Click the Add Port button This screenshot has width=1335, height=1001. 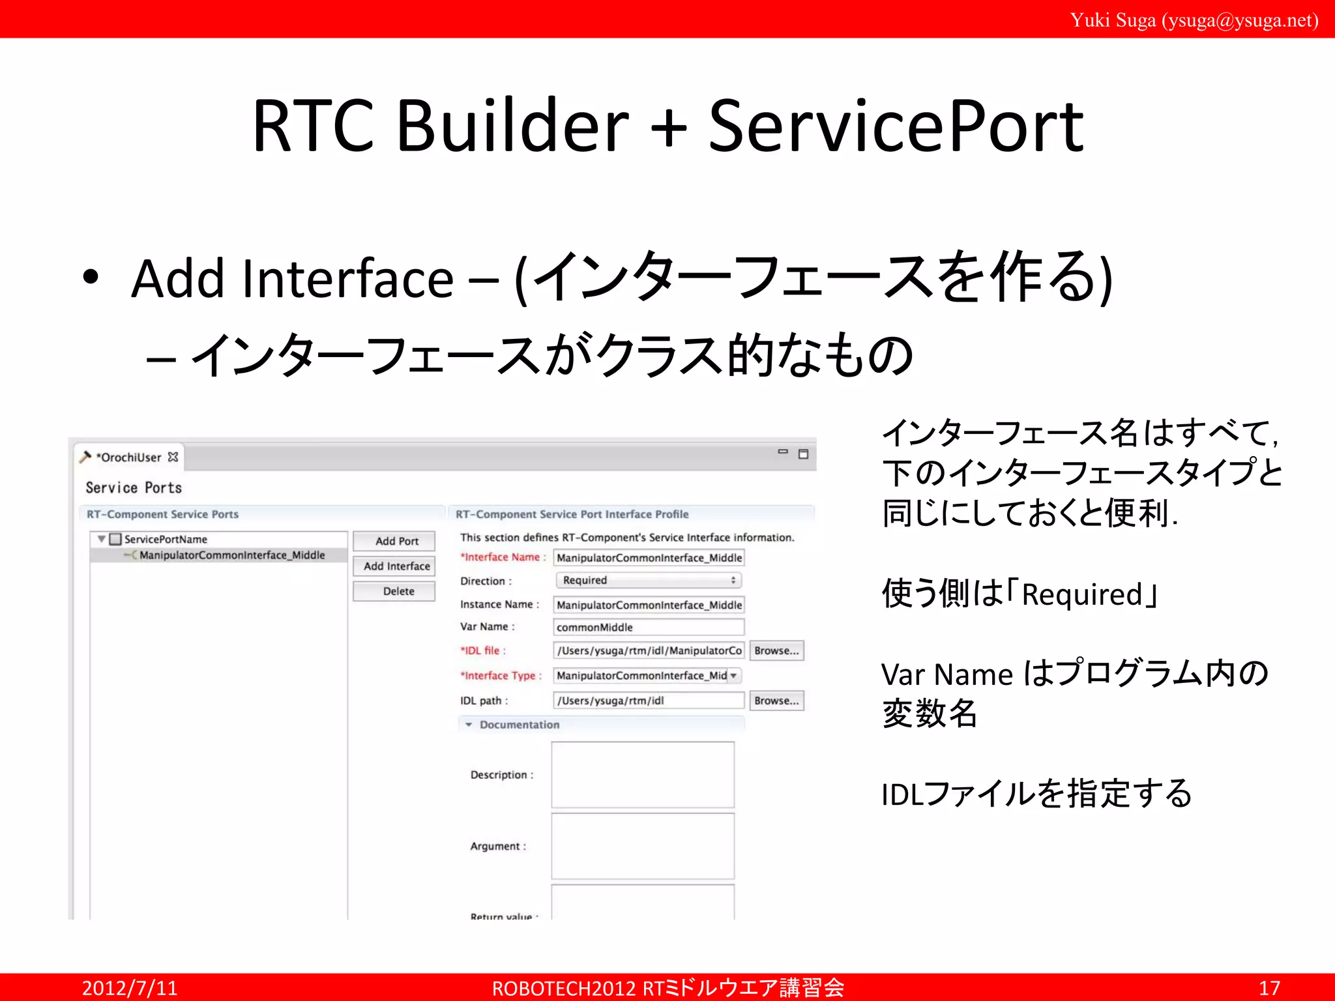pyautogui.click(x=396, y=541)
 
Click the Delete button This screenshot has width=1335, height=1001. pyautogui.click(x=396, y=591)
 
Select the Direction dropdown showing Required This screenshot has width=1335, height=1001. pyautogui.click(x=648, y=580)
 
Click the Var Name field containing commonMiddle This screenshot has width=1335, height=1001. pyautogui.click(x=648, y=627)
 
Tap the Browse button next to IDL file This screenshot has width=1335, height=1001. pyautogui.click(x=776, y=650)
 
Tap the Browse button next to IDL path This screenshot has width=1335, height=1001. pyautogui.click(x=776, y=701)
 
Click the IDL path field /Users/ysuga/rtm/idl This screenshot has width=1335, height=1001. pyautogui.click(x=648, y=701)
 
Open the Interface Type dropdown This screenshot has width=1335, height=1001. pyautogui.click(x=733, y=676)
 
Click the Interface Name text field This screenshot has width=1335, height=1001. pyautogui.click(x=648, y=558)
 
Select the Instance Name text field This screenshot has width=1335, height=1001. pyautogui.click(x=648, y=605)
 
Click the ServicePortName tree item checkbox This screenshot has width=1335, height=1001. pyautogui.click(x=116, y=539)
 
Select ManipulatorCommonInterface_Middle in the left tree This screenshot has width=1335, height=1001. pyautogui.click(x=231, y=555)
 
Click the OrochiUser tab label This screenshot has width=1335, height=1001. pyautogui.click(x=130, y=457)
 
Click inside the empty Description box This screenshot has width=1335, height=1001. pyautogui.click(x=643, y=775)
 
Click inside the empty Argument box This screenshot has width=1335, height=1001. pyautogui.click(x=643, y=846)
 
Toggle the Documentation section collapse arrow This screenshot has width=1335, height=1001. pyautogui.click(x=469, y=725)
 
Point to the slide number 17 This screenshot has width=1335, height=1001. pyautogui.click(x=1269, y=988)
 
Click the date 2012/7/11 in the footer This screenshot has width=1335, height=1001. pyautogui.click(x=130, y=988)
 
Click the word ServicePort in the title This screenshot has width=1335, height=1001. pyautogui.click(x=896, y=126)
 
